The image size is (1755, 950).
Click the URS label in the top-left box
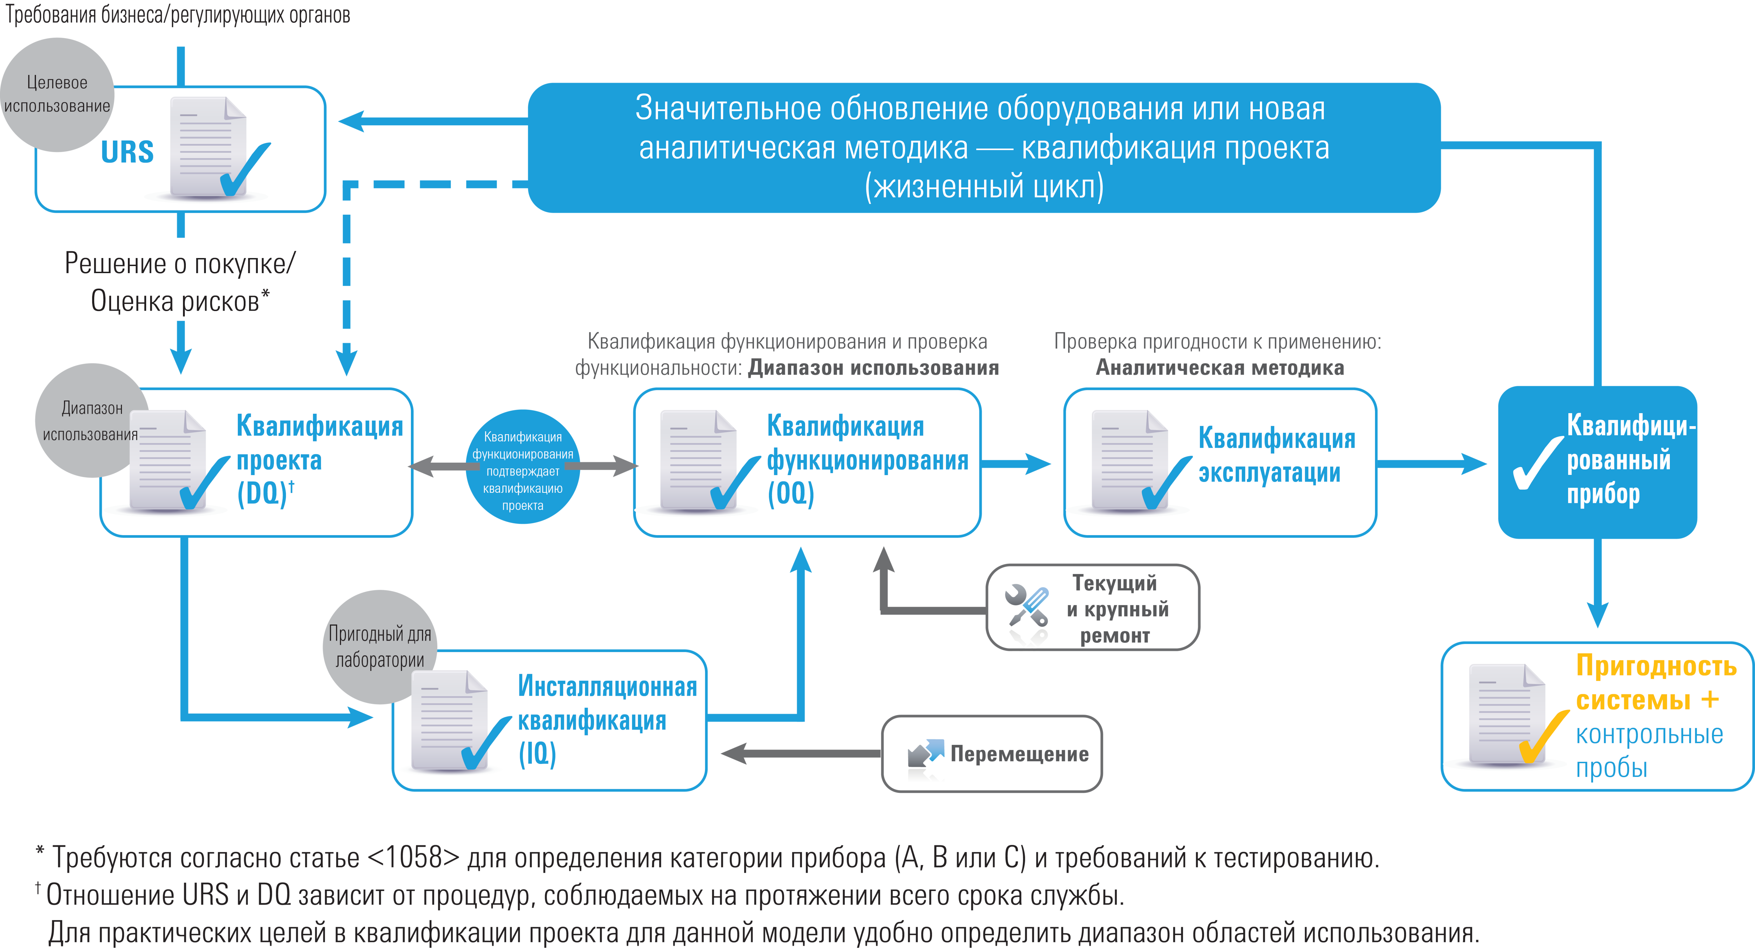127,152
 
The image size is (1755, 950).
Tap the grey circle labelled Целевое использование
57,94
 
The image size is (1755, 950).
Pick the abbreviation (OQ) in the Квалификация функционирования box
791,493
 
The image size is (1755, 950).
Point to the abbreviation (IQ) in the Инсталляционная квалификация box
537,753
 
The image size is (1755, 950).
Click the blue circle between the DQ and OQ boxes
523,467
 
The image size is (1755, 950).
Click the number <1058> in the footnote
413,858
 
